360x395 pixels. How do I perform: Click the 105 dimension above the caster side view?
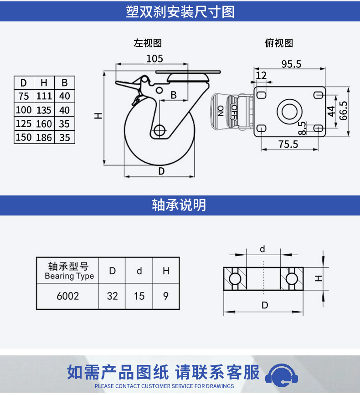coord(154,59)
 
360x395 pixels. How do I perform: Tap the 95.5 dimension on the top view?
coord(291,64)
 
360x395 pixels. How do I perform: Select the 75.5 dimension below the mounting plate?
coord(288,144)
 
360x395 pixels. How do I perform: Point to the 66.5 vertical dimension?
coord(344,111)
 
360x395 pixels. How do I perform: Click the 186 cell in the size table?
coord(44,138)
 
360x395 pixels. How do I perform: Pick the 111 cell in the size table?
coord(44,96)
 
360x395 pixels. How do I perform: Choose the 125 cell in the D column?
coord(24,123)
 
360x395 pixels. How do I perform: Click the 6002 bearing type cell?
coord(68,296)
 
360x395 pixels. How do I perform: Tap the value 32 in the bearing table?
coord(113,296)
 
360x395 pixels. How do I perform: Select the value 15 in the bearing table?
coord(139,296)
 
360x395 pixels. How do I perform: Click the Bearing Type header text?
coord(69,276)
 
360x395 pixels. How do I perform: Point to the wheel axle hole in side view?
coord(159,130)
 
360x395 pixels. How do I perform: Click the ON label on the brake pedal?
coord(221,111)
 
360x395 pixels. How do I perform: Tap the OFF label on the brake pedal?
coord(234,112)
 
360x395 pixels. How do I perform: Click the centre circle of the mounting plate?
coord(289,111)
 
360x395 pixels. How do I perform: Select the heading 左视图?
coord(148,43)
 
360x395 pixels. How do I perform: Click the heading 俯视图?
coord(279,43)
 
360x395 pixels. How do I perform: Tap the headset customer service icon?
coord(282,375)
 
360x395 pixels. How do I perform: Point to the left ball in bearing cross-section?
coord(235,279)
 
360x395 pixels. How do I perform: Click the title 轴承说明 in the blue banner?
coord(179,205)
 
